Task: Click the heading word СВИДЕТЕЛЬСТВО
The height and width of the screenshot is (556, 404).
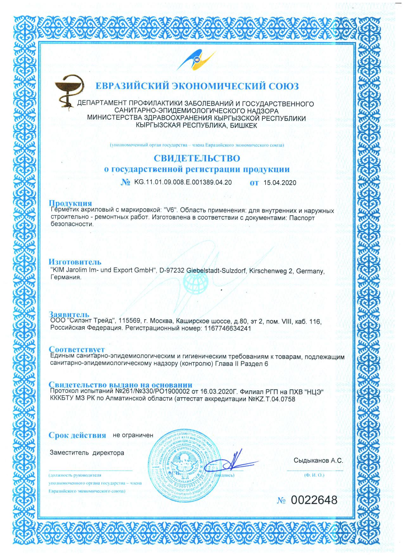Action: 197,158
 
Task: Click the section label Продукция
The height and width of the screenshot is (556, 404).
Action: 70,203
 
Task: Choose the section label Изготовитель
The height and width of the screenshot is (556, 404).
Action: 75,262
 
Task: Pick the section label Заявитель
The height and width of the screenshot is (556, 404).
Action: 67,314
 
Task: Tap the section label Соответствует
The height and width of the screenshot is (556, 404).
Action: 77,350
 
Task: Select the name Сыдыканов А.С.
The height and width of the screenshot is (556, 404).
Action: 318,461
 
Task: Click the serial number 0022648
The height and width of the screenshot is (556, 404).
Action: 314,501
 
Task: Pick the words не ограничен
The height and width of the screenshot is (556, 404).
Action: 133,435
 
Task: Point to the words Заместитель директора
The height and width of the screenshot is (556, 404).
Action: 87,453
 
